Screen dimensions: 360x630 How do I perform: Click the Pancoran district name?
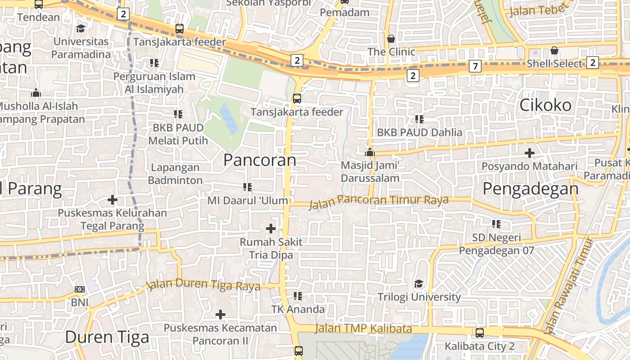260,160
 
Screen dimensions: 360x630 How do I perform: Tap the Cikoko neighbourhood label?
545,105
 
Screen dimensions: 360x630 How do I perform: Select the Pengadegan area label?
531,189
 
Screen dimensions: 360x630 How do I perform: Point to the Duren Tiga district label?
107,337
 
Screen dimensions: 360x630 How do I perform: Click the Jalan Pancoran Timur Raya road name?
378,201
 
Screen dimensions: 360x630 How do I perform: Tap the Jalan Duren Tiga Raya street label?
204,285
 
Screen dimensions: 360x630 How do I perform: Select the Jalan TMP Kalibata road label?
363,328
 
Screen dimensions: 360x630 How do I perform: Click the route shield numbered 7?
475,67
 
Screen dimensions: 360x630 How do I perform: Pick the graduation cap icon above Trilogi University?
419,283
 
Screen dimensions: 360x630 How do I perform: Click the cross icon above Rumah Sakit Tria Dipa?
271,229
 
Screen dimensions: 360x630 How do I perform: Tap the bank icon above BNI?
80,289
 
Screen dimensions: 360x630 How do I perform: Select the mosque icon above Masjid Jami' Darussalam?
370,152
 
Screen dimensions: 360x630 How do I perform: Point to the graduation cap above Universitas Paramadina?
81,28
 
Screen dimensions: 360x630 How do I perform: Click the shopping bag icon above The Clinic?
391,39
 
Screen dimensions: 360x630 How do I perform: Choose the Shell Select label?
554,64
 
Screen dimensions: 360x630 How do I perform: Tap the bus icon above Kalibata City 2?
480,333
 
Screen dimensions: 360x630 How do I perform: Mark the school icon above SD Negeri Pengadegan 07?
496,224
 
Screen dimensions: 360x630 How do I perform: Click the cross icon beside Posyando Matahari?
530,153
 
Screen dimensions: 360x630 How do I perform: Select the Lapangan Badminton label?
175,174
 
